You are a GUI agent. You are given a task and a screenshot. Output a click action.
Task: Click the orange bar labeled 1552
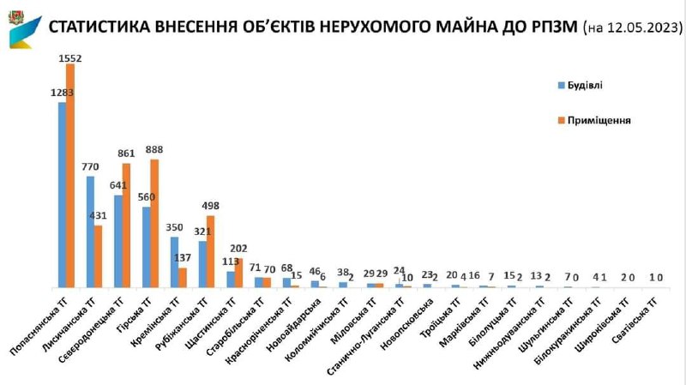(x=70, y=176)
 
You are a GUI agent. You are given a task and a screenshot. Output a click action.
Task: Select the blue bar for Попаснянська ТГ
(x=62, y=195)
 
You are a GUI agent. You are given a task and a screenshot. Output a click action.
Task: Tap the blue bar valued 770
(x=90, y=232)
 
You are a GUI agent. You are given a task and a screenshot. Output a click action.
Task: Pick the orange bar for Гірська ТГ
(x=154, y=223)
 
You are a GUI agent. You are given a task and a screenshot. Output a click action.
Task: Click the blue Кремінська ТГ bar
(x=174, y=262)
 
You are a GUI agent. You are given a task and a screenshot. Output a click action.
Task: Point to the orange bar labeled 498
(x=211, y=251)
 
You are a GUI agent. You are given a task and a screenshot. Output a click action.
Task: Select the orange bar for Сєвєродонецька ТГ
(x=126, y=225)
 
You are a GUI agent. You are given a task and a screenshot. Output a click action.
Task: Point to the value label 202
(x=239, y=250)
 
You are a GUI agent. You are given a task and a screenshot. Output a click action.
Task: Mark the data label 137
(x=183, y=258)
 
